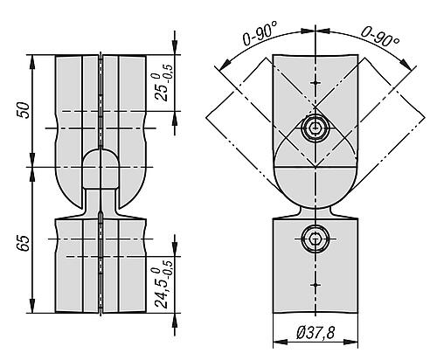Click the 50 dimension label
tap(24, 110)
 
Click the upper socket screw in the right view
tap(315, 129)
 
